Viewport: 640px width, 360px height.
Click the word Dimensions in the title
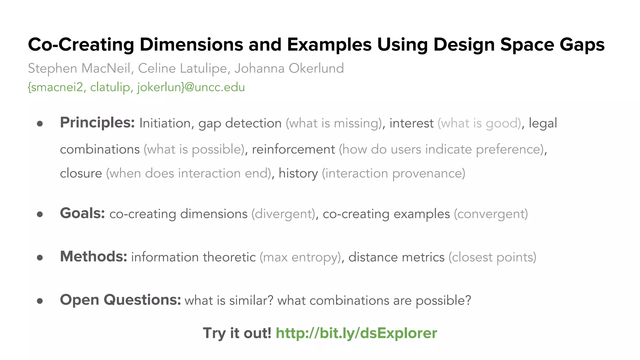[191, 45]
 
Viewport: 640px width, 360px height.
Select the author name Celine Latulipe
[182, 68]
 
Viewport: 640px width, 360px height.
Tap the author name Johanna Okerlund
[289, 68]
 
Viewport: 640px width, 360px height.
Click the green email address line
[136, 87]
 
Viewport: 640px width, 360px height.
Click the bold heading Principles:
[97, 123]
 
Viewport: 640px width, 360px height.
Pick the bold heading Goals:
[82, 213]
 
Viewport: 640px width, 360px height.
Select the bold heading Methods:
[93, 257]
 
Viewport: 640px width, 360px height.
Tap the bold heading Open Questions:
[120, 300]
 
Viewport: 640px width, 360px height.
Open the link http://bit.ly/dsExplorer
[356, 333]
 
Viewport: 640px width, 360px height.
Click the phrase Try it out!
[237, 333]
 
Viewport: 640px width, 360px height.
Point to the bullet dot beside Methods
[40, 257]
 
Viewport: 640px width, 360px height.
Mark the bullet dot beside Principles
[40, 124]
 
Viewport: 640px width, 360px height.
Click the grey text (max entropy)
[300, 257]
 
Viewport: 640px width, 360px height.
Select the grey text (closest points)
[492, 257]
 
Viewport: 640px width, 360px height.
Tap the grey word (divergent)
[283, 214]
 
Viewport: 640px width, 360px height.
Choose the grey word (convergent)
[491, 214]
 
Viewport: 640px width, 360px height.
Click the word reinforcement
[293, 149]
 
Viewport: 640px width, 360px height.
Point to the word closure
[81, 173]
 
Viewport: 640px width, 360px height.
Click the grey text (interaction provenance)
[393, 173]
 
